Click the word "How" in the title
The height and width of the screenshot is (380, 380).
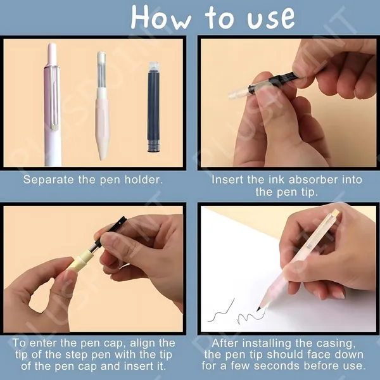click(161, 18)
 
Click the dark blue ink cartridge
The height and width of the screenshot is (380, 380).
click(154, 108)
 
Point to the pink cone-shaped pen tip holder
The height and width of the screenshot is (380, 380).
click(103, 123)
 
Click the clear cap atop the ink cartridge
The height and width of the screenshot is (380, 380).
click(153, 66)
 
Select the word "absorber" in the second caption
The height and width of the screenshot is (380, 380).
click(313, 180)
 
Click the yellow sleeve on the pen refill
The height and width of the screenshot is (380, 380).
click(80, 259)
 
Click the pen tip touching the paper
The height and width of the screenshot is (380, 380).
click(258, 309)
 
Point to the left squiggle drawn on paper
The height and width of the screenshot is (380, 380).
click(221, 311)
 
